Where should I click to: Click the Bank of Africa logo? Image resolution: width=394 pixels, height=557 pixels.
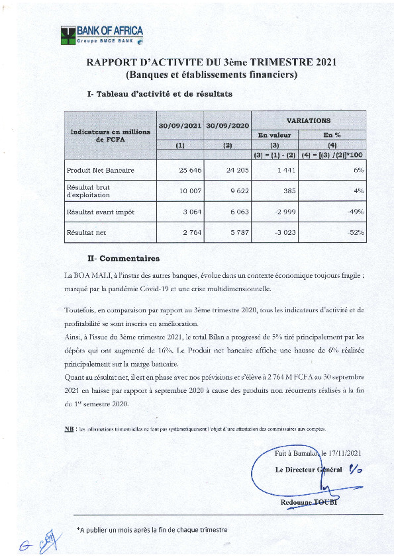point(102,35)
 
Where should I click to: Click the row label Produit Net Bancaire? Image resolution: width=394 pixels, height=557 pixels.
point(101,171)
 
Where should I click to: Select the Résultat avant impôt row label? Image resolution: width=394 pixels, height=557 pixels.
point(101,212)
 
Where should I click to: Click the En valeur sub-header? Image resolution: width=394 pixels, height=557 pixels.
point(274,135)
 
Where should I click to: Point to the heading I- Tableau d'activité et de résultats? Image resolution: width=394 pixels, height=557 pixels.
point(160,95)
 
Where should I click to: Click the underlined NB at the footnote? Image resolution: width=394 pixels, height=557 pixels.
point(69,429)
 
